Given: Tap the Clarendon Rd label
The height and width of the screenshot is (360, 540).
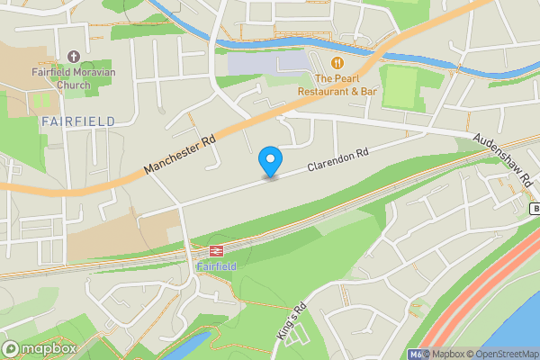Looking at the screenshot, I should click(x=338, y=160).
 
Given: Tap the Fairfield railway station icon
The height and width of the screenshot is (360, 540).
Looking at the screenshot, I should click(x=217, y=252).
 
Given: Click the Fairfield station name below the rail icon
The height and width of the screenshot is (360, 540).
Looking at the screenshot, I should click(x=217, y=267).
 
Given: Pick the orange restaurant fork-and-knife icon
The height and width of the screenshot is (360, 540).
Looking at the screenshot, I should click(x=337, y=62).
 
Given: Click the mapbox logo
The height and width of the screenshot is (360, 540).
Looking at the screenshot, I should click(x=40, y=348).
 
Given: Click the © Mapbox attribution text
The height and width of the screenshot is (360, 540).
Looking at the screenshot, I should click(x=445, y=353).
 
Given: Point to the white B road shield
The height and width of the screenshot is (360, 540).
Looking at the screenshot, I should click(x=535, y=209).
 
